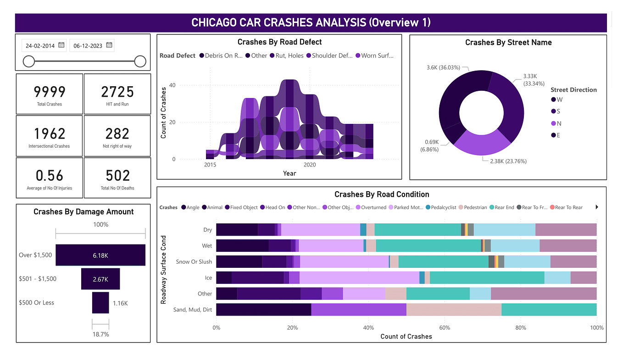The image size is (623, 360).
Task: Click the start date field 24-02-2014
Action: click(x=40, y=45)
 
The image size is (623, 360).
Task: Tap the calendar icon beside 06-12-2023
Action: click(x=109, y=45)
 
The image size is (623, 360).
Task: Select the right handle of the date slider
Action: click(x=140, y=61)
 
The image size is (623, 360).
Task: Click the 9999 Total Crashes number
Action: click(x=49, y=92)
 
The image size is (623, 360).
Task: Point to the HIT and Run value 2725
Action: click(x=117, y=92)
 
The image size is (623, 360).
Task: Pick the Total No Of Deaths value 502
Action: click(x=117, y=176)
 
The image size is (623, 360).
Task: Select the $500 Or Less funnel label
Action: click(x=36, y=303)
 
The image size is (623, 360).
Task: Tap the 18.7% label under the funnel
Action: click(x=100, y=335)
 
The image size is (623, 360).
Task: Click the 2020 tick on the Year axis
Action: click(x=310, y=165)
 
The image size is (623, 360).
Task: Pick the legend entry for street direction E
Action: click(x=556, y=135)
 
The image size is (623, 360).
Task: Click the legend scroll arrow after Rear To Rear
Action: click(x=597, y=207)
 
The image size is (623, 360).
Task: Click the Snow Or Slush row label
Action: click(x=194, y=262)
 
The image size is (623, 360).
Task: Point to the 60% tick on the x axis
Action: click(x=444, y=328)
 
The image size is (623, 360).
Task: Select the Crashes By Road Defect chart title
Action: click(x=279, y=42)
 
